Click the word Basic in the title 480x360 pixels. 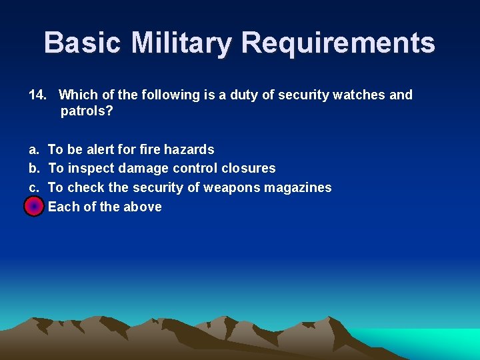[83, 43]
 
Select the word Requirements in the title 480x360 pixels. [338, 43]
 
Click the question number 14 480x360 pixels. [37, 95]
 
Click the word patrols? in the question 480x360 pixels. [87, 111]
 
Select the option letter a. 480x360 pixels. [33, 149]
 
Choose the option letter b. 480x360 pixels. [33, 169]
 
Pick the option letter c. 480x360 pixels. [33, 188]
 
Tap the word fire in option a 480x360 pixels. [149, 149]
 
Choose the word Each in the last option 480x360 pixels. [63, 207]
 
